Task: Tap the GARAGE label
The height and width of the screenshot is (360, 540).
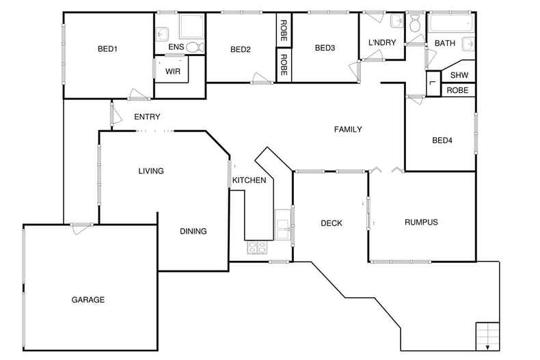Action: (88, 299)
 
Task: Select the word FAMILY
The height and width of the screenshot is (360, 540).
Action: (347, 129)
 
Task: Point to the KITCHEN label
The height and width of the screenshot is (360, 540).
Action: (249, 180)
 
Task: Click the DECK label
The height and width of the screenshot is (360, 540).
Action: (332, 223)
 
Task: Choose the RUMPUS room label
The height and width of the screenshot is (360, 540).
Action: (420, 222)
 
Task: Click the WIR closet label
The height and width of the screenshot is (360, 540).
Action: (172, 70)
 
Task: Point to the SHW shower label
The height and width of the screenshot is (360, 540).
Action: (458, 75)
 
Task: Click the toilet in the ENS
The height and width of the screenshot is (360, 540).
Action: (195, 47)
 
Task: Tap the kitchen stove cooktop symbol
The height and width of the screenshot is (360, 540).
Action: (257, 247)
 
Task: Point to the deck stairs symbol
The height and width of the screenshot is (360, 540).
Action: (489, 334)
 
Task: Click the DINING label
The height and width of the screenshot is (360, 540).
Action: (193, 232)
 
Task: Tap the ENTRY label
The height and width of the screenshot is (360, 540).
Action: (147, 117)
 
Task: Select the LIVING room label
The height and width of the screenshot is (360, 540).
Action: (151, 171)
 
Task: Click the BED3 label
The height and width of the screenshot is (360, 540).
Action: (325, 48)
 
